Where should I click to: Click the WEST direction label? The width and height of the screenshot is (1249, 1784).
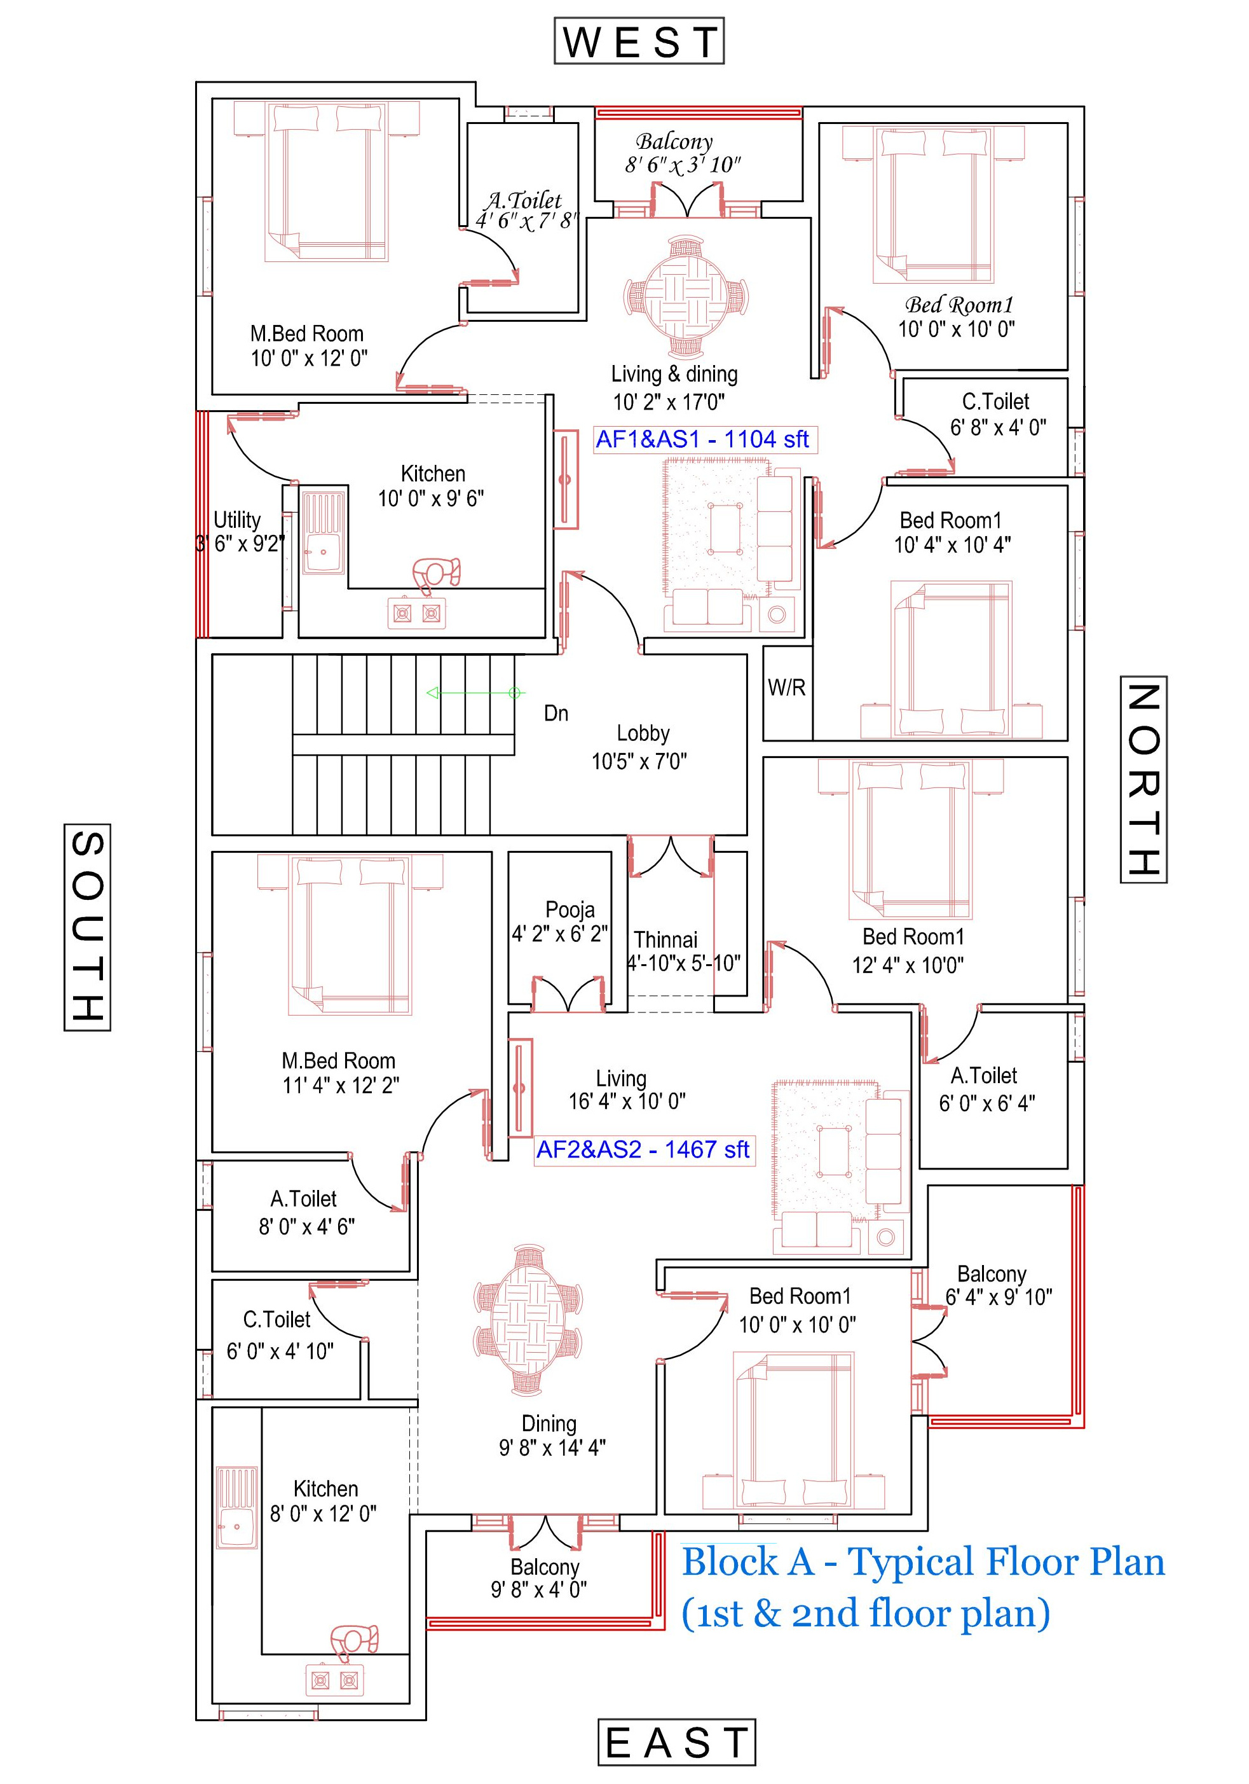coord(639,41)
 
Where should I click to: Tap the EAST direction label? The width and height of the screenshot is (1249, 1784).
coord(676,1742)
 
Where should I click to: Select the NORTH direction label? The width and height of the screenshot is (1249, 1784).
coord(1143,778)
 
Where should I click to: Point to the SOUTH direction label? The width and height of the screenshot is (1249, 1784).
coord(87,927)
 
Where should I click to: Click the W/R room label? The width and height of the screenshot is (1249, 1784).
coord(786,687)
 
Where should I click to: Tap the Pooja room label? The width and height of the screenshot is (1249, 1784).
coord(570,909)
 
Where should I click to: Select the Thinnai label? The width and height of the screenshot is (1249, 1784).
coord(665,939)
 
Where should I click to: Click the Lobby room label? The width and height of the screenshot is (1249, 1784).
coord(643,733)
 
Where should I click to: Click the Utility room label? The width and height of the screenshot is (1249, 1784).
coord(237,520)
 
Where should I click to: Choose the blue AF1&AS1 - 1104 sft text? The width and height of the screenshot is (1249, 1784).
coord(702,439)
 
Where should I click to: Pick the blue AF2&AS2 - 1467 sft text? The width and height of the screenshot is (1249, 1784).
coord(643,1149)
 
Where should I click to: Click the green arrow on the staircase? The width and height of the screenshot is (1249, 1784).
coord(475,693)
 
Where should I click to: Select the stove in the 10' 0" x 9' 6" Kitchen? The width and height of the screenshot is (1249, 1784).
coord(417,613)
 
